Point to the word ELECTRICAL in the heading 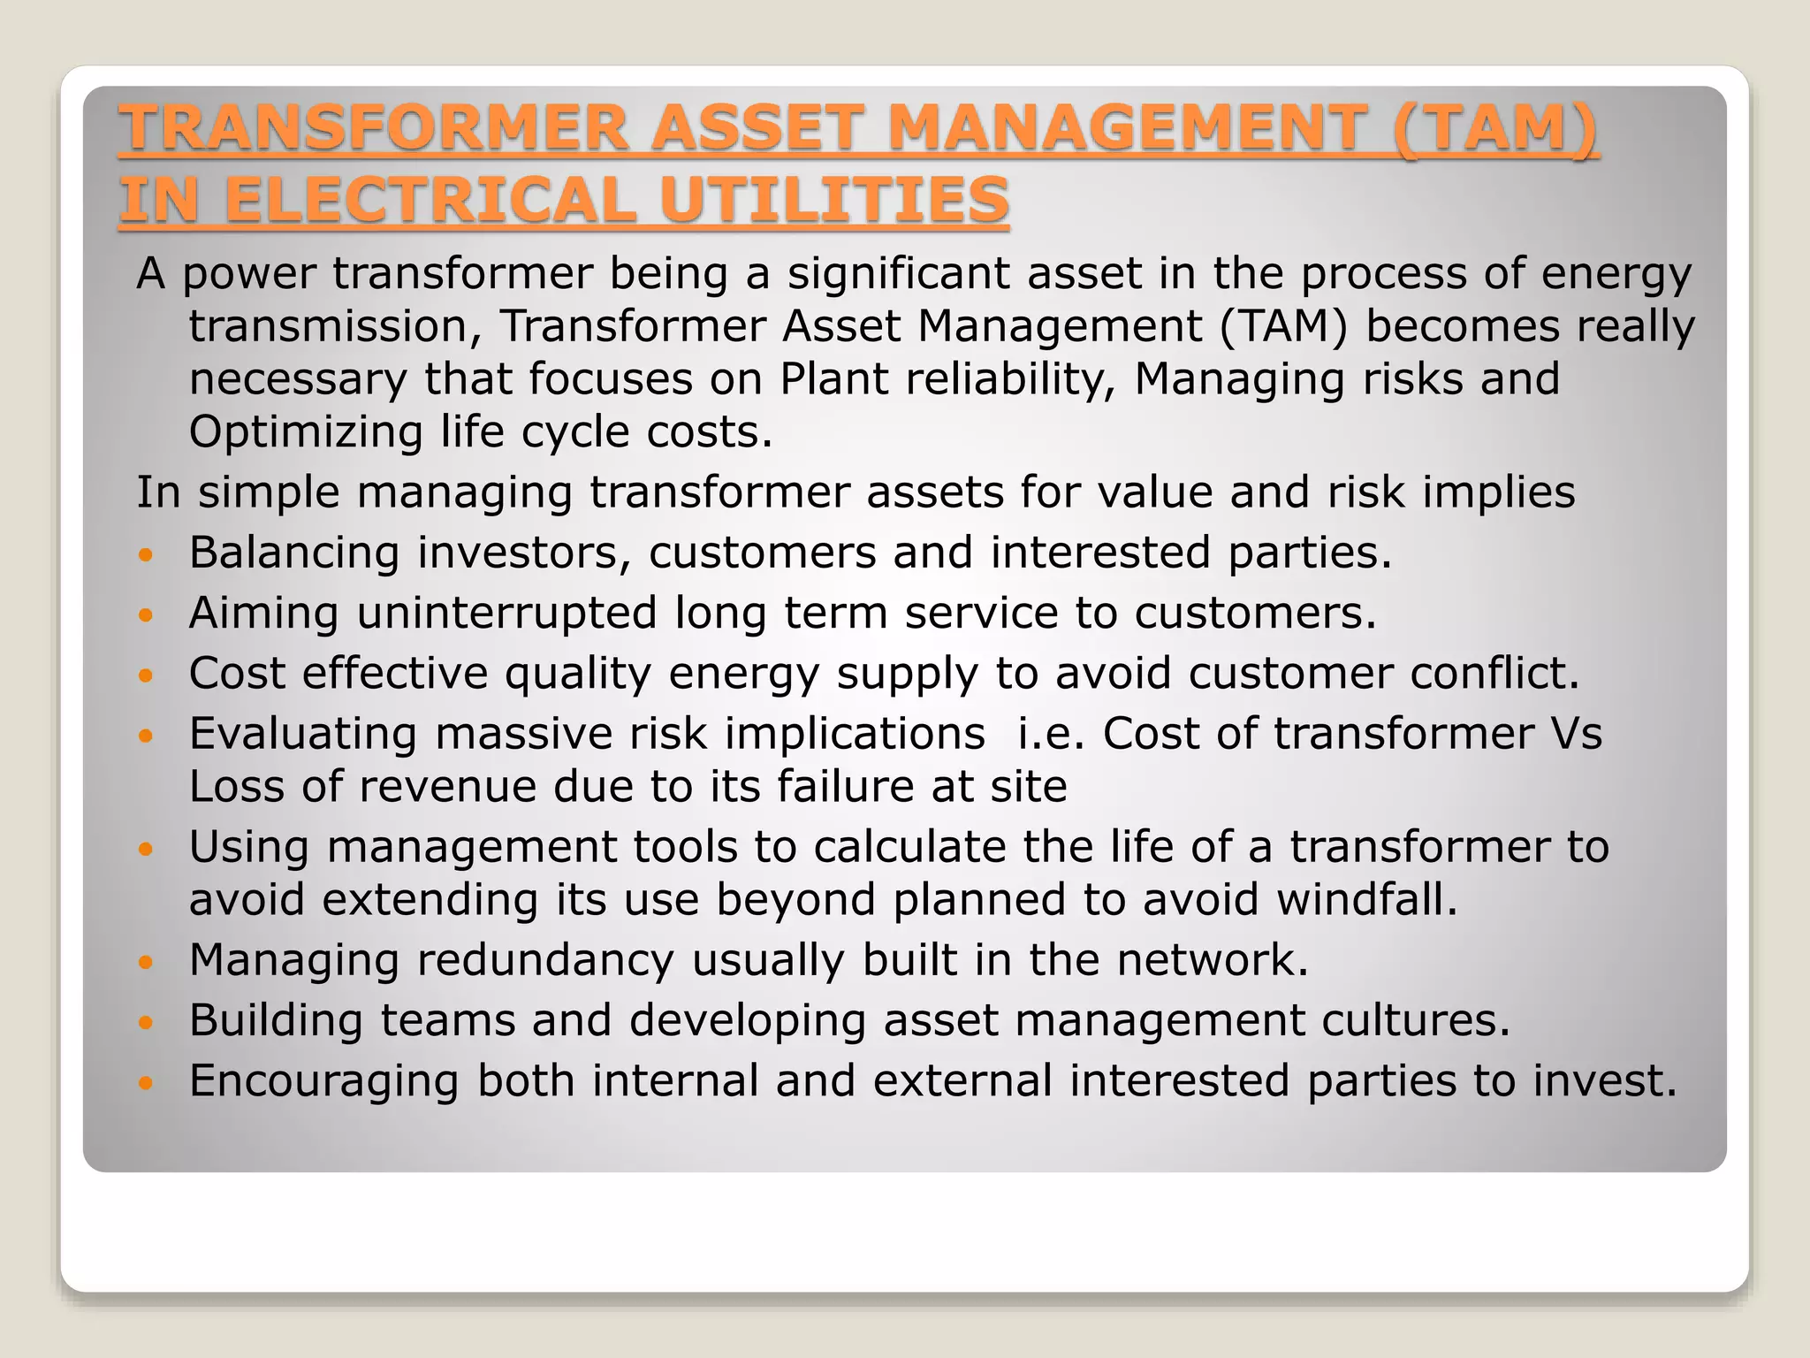tap(430, 200)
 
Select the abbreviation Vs tap(1576, 734)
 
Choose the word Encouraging tap(324, 1081)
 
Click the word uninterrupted tap(507, 613)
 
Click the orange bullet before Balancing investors tap(147, 556)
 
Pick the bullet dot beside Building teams tap(147, 1024)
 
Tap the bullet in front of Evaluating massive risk tap(147, 736)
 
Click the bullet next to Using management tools tap(147, 850)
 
